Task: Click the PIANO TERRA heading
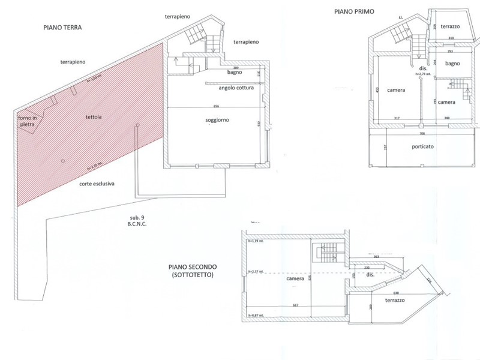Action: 62,27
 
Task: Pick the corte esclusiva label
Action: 97,184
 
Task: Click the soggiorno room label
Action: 217,120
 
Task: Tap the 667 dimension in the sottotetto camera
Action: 296,305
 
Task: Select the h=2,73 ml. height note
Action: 424,76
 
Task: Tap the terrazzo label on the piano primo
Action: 449,27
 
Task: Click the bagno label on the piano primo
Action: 452,63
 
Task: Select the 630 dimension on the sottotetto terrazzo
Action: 380,293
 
